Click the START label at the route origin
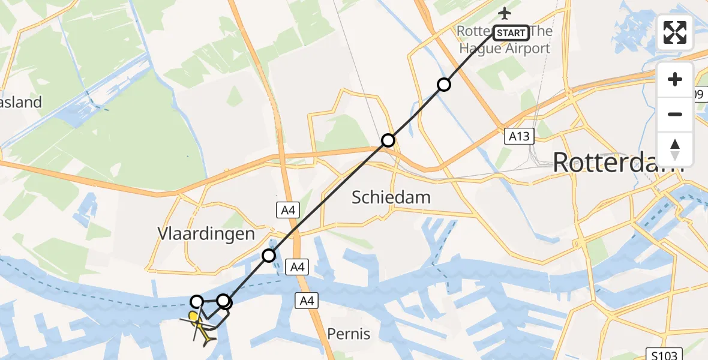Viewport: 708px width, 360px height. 511,32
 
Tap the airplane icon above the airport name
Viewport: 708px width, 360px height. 505,13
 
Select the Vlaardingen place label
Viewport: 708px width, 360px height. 206,233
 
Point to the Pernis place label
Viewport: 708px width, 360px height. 349,333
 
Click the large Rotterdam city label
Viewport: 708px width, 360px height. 618,162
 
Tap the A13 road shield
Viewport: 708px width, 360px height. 518,136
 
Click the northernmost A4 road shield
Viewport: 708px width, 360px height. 287,210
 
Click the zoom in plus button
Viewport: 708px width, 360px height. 675,80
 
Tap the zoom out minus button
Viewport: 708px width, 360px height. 675,114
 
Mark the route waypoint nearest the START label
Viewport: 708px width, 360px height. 443,85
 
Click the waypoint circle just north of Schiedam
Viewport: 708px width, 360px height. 388,140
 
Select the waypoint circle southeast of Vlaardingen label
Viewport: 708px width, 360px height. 269,256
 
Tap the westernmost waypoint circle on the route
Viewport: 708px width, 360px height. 197,301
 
